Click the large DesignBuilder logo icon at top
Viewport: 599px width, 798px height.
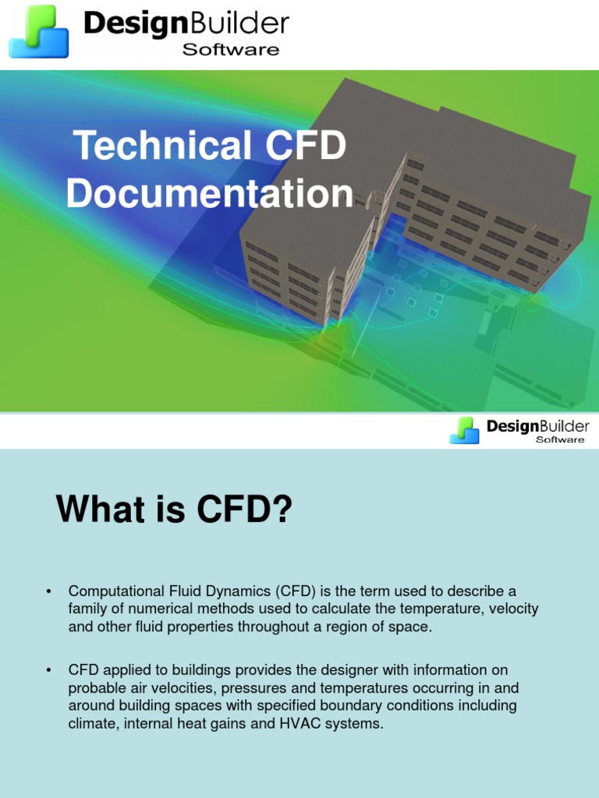(39, 31)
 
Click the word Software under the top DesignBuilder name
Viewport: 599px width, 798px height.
(230, 50)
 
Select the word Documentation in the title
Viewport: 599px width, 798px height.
(209, 194)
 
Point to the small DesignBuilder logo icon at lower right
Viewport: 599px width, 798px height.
(464, 430)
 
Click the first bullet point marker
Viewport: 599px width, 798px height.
(49, 591)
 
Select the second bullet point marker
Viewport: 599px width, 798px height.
(49, 670)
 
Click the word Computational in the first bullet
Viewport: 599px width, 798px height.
(115, 591)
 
